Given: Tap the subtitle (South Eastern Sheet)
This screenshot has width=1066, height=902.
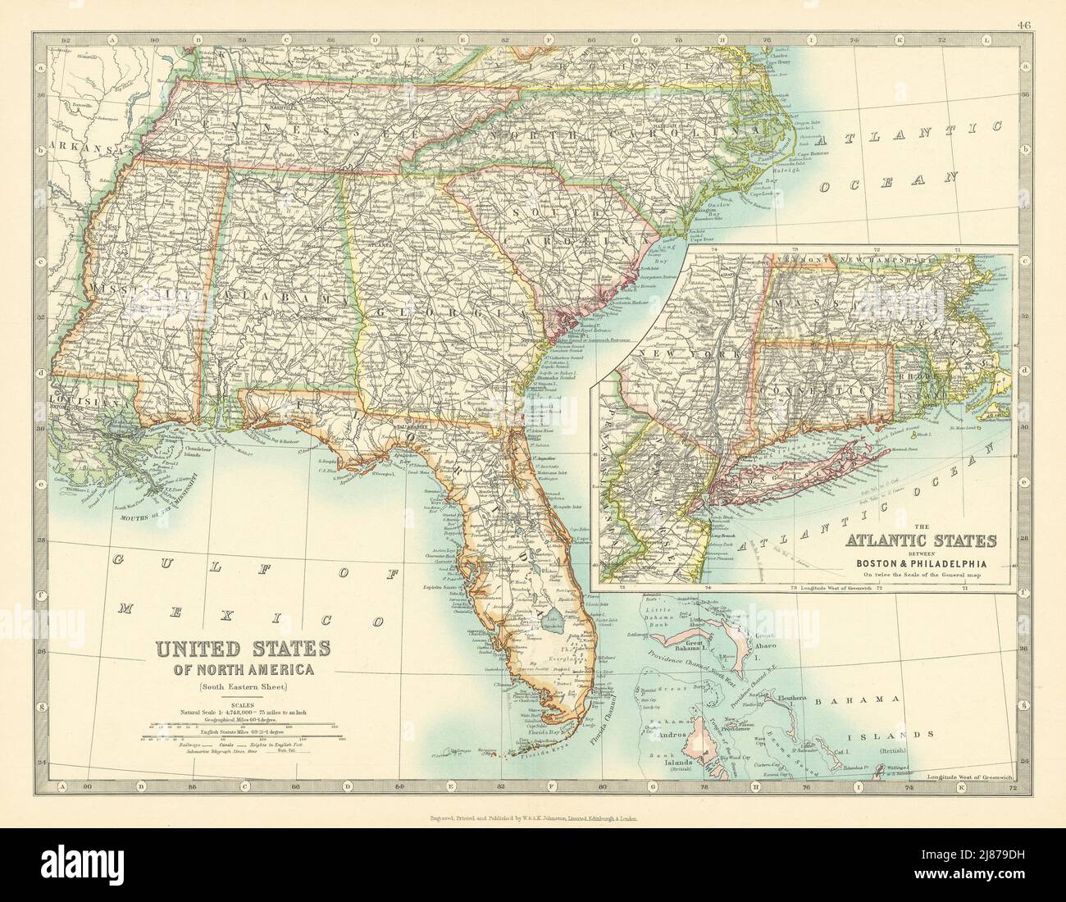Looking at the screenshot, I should (242, 687).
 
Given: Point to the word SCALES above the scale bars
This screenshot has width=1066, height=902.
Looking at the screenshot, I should (242, 704).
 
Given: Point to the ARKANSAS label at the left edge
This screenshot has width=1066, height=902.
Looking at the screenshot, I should (70, 147).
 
